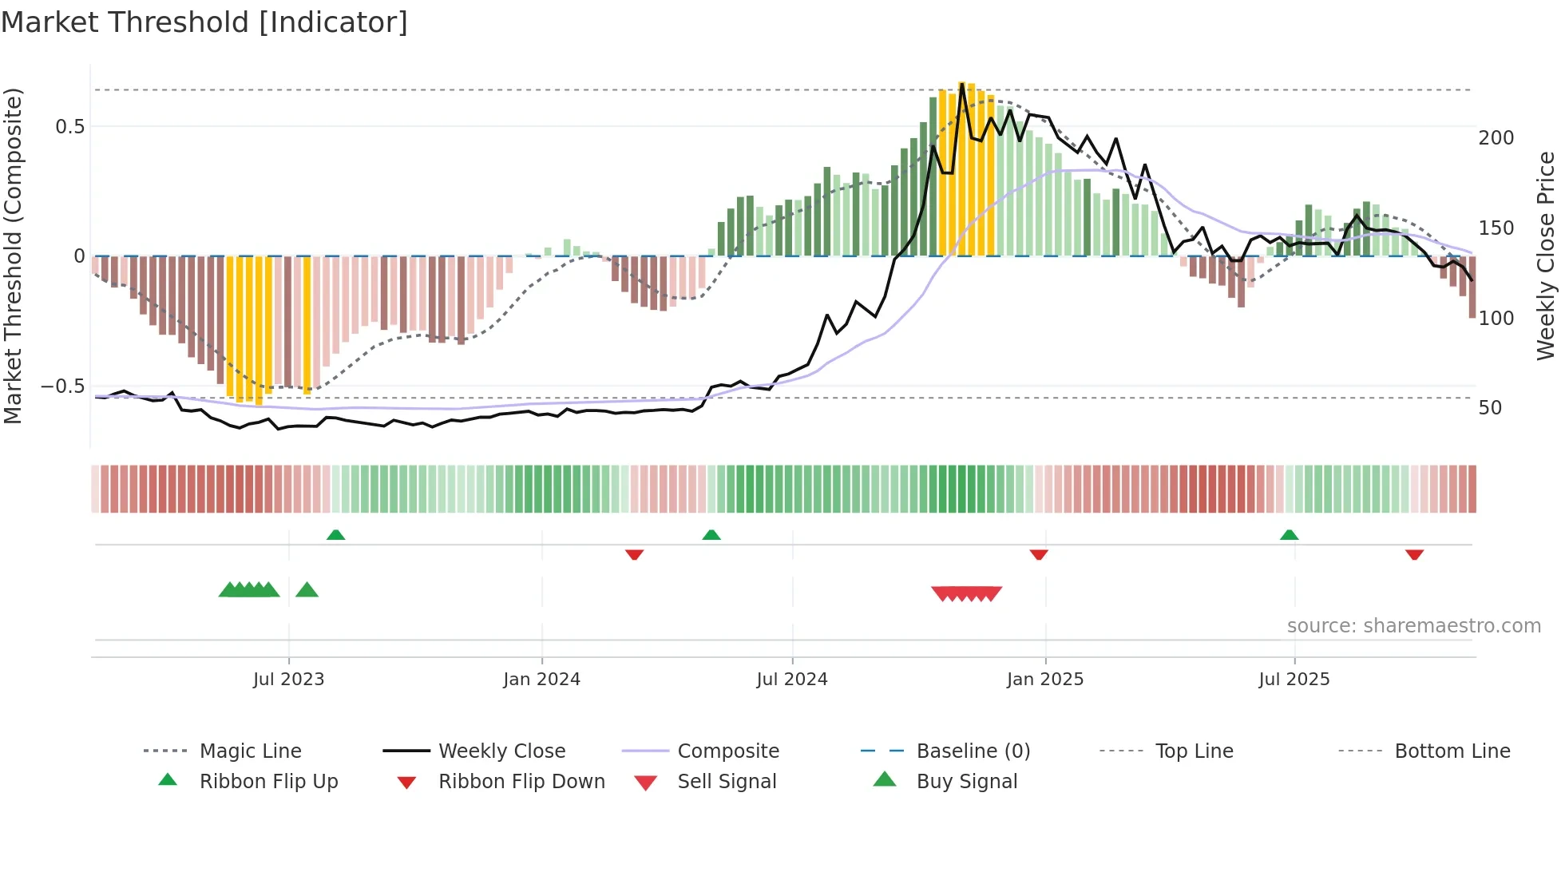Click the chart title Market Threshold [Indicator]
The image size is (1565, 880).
point(204,22)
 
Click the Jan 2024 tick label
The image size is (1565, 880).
point(541,680)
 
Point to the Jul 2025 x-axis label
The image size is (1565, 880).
point(1294,680)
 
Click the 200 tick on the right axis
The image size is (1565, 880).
point(1496,138)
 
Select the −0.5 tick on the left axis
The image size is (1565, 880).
point(62,386)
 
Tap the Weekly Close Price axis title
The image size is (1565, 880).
point(1546,256)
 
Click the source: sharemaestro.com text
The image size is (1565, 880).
point(1413,626)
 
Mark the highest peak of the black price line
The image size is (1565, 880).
point(962,83)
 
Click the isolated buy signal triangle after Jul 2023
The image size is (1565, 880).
point(307,590)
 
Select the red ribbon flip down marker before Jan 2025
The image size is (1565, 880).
point(1038,554)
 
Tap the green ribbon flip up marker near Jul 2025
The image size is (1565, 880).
point(1289,535)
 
